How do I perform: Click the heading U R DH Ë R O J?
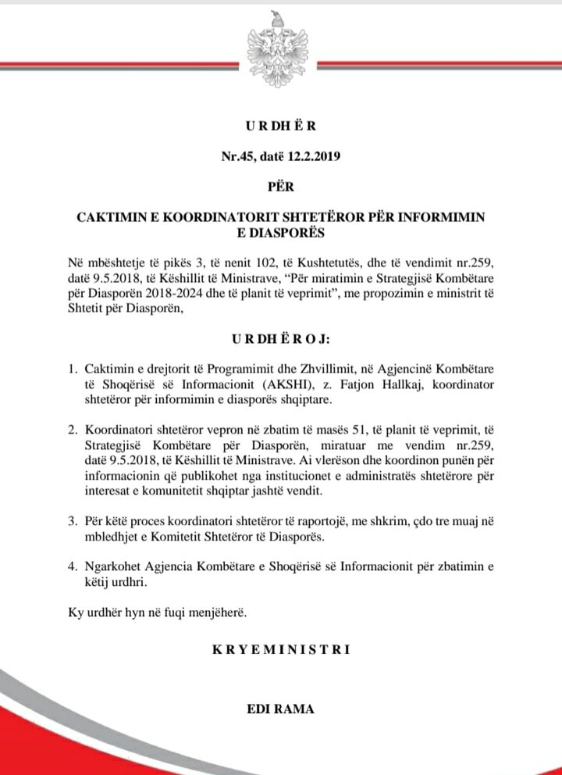pos(280,341)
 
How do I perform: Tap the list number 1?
pos(71,368)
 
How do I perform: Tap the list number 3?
pos(71,521)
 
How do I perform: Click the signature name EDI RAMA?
pos(280,710)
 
